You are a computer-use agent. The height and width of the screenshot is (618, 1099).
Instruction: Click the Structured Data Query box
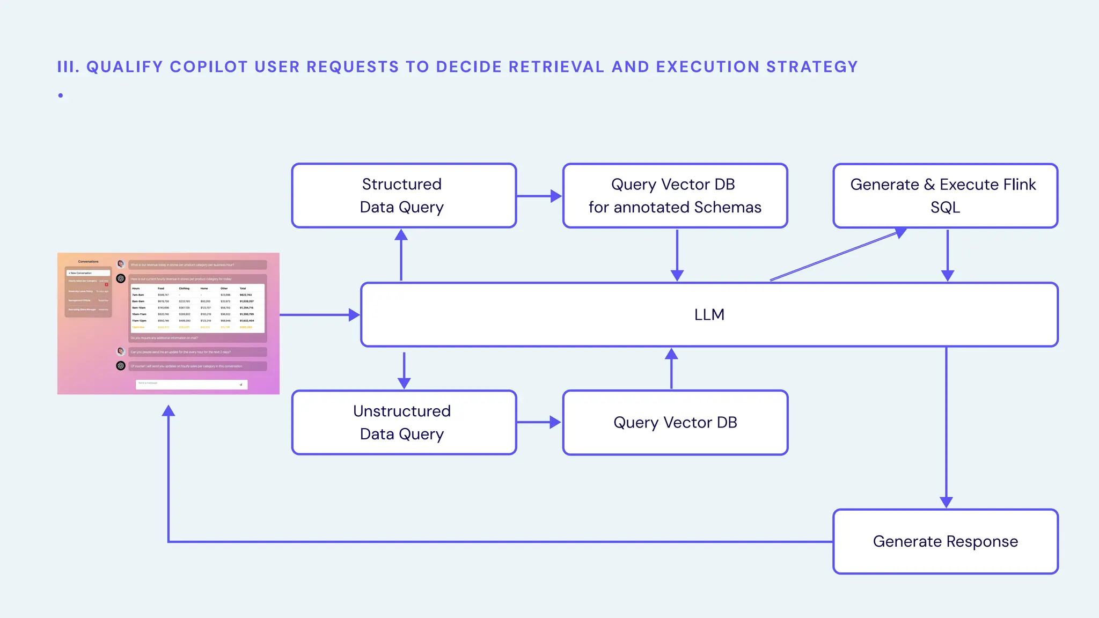[404, 196]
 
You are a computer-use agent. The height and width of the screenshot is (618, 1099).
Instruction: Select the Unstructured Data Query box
[404, 423]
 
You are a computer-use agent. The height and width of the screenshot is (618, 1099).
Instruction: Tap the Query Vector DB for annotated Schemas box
[675, 196]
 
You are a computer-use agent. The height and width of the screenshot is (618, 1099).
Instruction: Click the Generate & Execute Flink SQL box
[945, 196]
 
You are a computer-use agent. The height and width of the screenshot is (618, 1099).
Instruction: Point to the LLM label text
[709, 315]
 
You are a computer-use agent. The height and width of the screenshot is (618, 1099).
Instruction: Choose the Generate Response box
[945, 542]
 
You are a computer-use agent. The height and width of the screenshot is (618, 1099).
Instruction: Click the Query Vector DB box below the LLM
[675, 423]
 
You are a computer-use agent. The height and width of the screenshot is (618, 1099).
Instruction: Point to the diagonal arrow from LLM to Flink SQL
[837, 255]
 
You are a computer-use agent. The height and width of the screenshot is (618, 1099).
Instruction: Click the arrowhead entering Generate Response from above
[946, 502]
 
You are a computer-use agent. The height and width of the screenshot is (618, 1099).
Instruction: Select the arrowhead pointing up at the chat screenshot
[168, 411]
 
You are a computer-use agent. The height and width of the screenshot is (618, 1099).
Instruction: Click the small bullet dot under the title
[61, 95]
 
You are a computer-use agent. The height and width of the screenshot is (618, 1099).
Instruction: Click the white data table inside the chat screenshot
[197, 308]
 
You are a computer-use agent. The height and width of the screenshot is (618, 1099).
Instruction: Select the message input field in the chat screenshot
[191, 384]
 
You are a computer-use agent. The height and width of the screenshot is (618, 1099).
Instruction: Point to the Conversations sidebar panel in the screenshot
[89, 290]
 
